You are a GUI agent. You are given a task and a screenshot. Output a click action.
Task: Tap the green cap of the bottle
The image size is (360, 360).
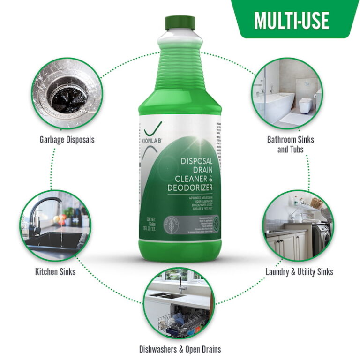[x=180, y=22]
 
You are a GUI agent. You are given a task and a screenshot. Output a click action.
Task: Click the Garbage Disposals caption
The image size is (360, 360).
[x=67, y=140]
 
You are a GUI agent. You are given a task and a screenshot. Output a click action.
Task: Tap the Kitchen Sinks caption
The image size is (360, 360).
[x=55, y=271]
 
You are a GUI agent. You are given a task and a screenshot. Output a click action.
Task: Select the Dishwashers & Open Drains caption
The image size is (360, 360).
[x=180, y=349]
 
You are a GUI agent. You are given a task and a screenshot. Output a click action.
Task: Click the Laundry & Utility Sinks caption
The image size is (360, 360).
[x=299, y=271]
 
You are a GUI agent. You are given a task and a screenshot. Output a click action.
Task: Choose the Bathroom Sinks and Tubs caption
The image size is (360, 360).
[x=290, y=144]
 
